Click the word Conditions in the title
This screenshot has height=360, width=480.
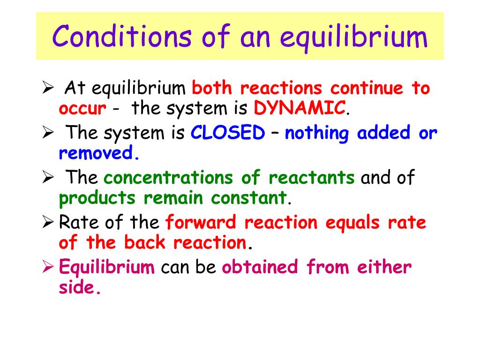(x=122, y=36)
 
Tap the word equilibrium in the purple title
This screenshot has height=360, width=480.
(x=353, y=38)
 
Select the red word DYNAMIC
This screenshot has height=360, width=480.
(x=300, y=108)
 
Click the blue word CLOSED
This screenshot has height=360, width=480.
(x=228, y=133)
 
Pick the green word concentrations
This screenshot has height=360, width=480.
(x=168, y=177)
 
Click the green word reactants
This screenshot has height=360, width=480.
(x=312, y=178)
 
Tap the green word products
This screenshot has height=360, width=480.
(x=97, y=198)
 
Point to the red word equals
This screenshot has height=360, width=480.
(x=352, y=223)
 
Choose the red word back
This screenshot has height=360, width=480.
(x=145, y=242)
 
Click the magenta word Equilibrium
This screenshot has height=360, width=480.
(x=107, y=267)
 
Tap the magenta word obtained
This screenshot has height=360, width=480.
(x=260, y=267)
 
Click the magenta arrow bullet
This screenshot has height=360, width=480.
(x=48, y=266)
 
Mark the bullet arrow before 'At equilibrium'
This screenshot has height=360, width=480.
(x=48, y=87)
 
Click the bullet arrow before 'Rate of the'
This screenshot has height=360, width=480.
(x=48, y=221)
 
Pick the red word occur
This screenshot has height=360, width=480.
(x=82, y=109)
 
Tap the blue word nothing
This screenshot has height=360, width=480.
(x=317, y=133)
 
